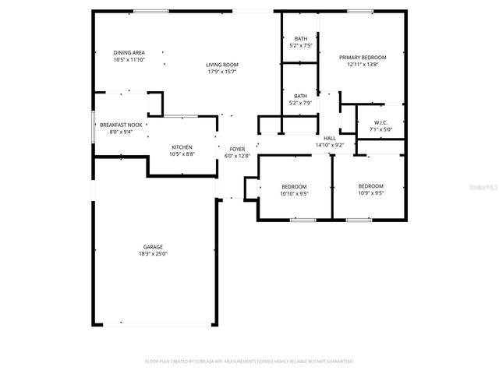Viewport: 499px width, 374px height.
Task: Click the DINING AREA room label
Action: click(x=129, y=52)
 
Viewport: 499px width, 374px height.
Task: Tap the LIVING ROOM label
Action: click(x=222, y=65)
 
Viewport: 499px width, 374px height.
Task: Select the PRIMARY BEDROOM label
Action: click(x=363, y=57)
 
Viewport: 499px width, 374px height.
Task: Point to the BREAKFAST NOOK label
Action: click(x=120, y=125)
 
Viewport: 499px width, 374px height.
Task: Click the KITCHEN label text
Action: click(x=182, y=147)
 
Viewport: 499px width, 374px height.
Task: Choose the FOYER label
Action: click(x=237, y=149)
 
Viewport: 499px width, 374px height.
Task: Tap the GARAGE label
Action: click(x=153, y=246)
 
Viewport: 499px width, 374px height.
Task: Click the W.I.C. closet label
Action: click(x=380, y=123)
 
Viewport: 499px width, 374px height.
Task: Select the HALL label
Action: click(x=330, y=138)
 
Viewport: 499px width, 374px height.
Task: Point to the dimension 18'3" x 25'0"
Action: click(x=153, y=253)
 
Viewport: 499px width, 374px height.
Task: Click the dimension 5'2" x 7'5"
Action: click(x=300, y=46)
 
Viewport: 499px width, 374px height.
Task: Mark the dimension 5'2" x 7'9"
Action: click(x=300, y=103)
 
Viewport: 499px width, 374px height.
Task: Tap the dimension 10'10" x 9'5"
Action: click(x=295, y=193)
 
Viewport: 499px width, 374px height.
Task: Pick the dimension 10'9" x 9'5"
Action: click(x=370, y=193)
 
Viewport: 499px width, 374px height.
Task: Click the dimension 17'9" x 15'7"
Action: click(x=222, y=72)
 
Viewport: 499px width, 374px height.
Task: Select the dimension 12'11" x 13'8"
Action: click(x=363, y=65)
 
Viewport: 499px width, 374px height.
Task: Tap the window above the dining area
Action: click(x=149, y=11)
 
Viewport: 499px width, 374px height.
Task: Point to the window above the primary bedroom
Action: click(x=359, y=11)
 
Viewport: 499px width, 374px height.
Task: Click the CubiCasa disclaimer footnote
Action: click(x=249, y=362)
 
